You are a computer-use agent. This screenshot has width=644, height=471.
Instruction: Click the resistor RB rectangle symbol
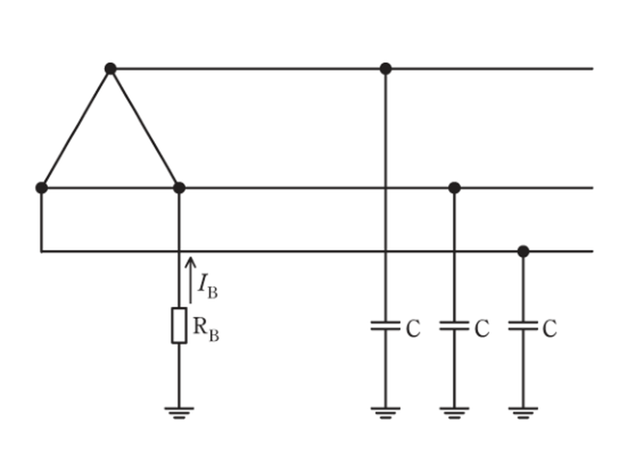click(x=179, y=325)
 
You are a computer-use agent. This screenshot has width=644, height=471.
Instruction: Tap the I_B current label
click(x=207, y=287)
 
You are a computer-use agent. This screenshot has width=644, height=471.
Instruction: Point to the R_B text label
click(x=206, y=329)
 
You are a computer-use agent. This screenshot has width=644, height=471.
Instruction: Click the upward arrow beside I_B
click(x=190, y=280)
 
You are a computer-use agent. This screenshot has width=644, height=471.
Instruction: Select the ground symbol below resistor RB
click(x=179, y=413)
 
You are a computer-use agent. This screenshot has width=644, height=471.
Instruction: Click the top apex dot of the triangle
click(x=111, y=69)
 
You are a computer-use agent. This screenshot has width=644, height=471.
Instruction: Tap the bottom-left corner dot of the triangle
click(x=42, y=188)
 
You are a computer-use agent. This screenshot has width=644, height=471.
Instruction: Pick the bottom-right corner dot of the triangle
click(x=179, y=188)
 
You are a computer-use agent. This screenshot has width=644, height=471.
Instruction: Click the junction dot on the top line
click(x=386, y=69)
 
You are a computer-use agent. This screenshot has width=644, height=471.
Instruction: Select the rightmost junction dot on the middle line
click(x=454, y=188)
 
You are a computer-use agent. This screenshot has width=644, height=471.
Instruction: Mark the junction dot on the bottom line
click(x=523, y=251)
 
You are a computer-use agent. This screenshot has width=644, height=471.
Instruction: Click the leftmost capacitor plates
click(x=386, y=325)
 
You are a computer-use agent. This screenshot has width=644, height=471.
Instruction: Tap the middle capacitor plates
click(x=454, y=325)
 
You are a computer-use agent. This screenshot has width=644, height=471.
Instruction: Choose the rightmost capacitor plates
click(x=523, y=325)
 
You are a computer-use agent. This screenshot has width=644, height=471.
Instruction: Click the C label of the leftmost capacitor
click(x=413, y=328)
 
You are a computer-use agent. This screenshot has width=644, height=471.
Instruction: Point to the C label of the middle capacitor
click(x=482, y=328)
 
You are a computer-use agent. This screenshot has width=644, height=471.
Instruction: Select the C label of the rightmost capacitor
click(x=550, y=328)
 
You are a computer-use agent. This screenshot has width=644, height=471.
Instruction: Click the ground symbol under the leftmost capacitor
click(x=386, y=413)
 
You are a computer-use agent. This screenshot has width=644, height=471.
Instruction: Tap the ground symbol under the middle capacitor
click(x=454, y=413)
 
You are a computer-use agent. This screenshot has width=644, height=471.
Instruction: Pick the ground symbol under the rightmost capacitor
click(x=523, y=413)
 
